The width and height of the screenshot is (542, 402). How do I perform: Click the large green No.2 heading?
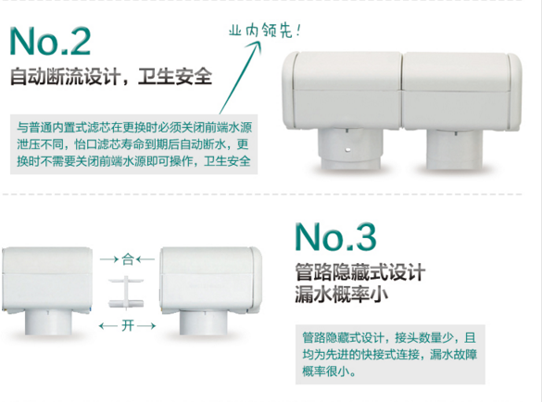[50, 41]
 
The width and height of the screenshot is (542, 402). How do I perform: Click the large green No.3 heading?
[335, 237]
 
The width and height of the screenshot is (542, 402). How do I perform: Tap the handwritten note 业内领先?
[265, 31]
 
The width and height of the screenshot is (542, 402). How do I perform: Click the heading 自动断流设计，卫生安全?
[111, 76]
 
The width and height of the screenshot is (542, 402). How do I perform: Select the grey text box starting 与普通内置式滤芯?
[133, 144]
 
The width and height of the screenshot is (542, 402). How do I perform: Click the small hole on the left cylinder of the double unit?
[348, 150]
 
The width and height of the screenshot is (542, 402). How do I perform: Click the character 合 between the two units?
[128, 259]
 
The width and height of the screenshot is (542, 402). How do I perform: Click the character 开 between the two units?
[128, 326]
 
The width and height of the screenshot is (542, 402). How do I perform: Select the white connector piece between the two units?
[126, 292]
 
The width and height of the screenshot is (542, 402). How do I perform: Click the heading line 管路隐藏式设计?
[359, 272]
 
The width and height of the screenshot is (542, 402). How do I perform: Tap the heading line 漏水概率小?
[342, 295]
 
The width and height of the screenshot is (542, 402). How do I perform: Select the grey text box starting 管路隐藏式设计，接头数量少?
[390, 355]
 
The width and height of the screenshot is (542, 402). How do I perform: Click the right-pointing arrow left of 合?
[109, 259]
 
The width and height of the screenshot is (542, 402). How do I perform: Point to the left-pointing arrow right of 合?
[145, 259]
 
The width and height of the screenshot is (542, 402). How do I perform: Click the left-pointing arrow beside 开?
[108, 326]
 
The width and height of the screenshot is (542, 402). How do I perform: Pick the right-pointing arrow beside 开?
[146, 326]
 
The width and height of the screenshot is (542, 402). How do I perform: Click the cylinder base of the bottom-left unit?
[48, 321]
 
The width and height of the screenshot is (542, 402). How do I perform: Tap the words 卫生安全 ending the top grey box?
[227, 161]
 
